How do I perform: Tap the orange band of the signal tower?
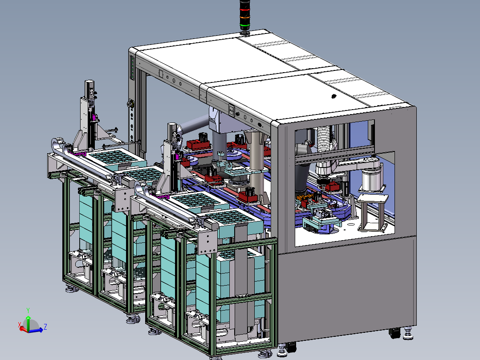[244, 17]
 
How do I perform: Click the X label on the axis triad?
[20, 324]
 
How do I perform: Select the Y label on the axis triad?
[28, 311]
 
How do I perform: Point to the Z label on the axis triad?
[45, 327]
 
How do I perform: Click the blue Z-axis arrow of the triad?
[36, 331]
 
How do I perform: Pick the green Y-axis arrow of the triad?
[28, 323]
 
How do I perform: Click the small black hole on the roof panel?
[334, 97]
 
